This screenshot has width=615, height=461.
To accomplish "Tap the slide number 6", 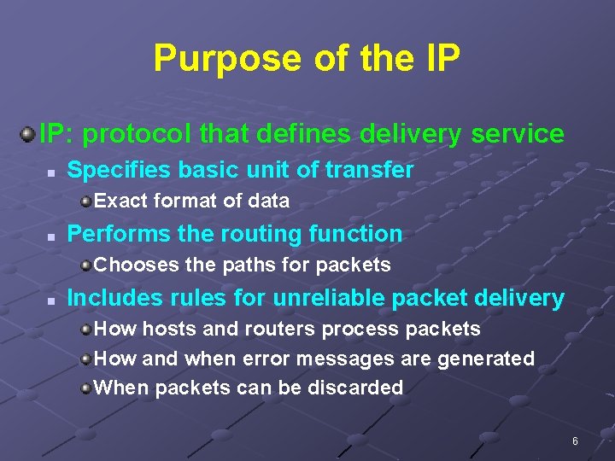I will pyautogui.click(x=575, y=441).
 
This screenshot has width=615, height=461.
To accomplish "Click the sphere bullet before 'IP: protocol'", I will pyautogui.click(x=27, y=133).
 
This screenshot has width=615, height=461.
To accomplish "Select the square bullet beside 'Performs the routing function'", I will pyautogui.click(x=51, y=235).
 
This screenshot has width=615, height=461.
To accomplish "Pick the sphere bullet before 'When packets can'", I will pyautogui.click(x=85, y=388).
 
